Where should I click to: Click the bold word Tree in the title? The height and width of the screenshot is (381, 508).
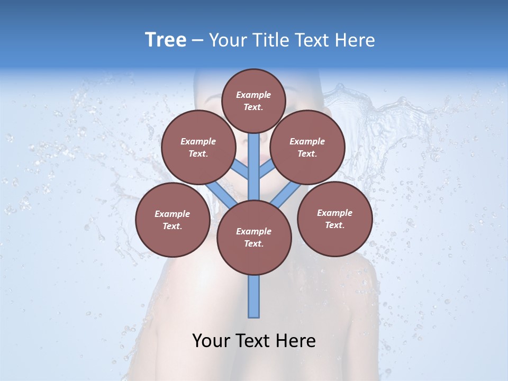point(166,40)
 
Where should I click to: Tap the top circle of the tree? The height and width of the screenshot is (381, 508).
point(253,101)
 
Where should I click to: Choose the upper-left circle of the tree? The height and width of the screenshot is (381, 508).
point(198,147)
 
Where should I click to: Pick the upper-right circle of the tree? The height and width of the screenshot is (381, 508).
point(307,147)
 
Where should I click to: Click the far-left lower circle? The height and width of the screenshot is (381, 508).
point(173,220)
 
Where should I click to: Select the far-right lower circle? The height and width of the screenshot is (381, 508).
point(335,219)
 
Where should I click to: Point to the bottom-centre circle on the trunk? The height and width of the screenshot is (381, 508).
point(254,237)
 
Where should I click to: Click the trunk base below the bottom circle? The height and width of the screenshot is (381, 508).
point(254,296)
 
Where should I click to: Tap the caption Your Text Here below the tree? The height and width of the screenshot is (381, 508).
point(254,341)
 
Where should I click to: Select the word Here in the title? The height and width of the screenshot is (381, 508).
point(356,40)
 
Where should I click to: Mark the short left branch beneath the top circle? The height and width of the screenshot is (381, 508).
point(241,170)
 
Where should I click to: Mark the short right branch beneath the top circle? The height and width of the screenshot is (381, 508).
point(266,170)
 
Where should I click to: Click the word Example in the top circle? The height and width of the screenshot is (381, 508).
point(253,95)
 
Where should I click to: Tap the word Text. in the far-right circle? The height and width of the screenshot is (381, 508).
point(335,225)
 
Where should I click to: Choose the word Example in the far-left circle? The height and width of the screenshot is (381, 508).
point(173,214)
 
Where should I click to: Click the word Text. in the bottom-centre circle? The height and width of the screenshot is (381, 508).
point(254,243)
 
